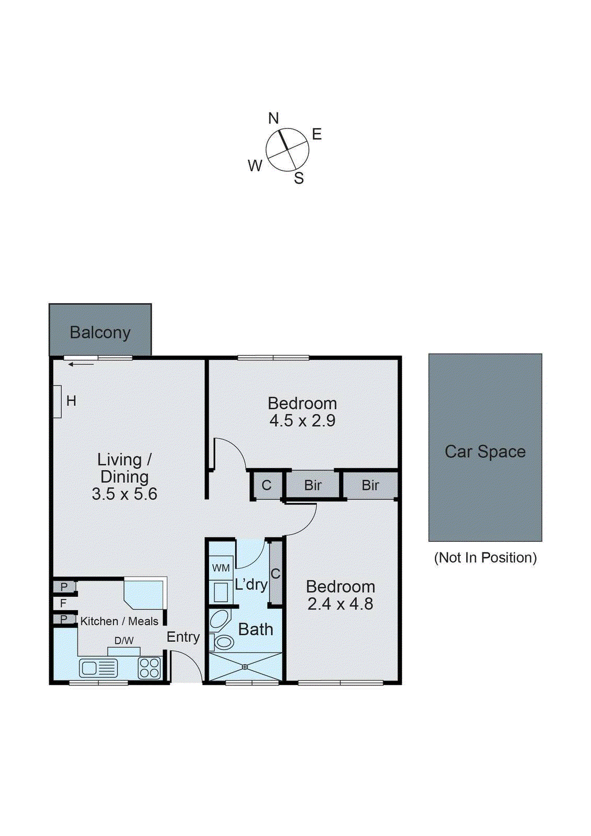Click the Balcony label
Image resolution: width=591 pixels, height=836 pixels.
coord(100,332)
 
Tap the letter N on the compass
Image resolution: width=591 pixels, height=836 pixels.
coord(273,119)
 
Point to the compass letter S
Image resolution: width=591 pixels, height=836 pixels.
coord(299,178)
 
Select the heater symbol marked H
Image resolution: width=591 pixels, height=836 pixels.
coord(58,401)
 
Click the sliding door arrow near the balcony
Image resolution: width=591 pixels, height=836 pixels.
coord(81,364)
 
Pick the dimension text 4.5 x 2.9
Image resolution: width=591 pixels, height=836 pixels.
coord(302,421)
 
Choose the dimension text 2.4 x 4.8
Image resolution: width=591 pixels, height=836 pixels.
coord(340,604)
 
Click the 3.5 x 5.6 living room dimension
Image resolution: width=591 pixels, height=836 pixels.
coord(124,494)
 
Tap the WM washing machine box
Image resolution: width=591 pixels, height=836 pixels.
coord(221,568)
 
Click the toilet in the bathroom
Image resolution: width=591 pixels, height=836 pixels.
coord(223,642)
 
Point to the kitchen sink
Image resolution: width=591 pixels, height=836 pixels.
coord(98,668)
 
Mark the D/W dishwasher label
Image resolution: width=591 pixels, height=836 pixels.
coord(124,641)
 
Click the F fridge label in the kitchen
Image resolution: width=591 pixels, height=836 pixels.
coord(63,603)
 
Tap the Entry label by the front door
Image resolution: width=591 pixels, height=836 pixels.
coord(183,637)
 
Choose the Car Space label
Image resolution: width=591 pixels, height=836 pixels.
coord(485,451)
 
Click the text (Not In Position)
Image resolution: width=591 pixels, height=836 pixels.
coord(485,558)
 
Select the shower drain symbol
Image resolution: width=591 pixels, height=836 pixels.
coord(245,666)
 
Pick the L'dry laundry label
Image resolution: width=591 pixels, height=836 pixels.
coord(251,584)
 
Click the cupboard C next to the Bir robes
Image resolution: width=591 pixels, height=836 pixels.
coord(266,485)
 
